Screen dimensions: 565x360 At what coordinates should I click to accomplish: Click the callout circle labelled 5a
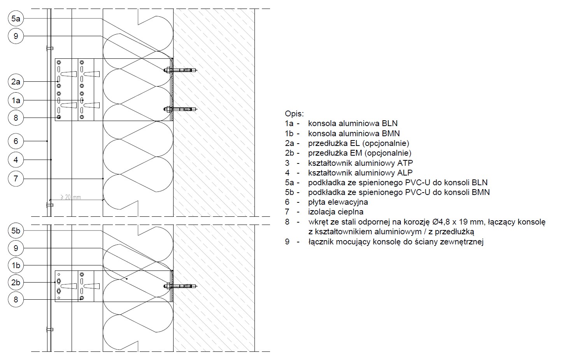(x=16, y=18)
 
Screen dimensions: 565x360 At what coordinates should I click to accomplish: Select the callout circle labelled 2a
(x=16, y=81)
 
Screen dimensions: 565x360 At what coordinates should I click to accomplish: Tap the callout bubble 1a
(x=16, y=100)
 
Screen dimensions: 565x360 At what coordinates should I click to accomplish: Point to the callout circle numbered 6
(x=16, y=141)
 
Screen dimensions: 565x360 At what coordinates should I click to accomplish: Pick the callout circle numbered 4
(x=16, y=160)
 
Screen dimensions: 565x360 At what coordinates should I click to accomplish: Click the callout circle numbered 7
(x=16, y=179)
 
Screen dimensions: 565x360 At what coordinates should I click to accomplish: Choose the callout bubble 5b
(x=16, y=230)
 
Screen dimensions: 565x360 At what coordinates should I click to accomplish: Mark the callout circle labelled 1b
(x=16, y=265)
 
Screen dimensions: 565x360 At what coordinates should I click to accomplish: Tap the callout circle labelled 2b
(x=16, y=282)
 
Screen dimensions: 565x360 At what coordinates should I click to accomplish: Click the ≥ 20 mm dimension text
(x=71, y=197)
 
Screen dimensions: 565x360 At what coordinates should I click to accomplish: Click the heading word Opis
(x=294, y=114)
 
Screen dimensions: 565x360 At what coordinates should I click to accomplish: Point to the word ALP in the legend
(x=405, y=173)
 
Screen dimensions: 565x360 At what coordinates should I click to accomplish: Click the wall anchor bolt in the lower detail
(x=181, y=286)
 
